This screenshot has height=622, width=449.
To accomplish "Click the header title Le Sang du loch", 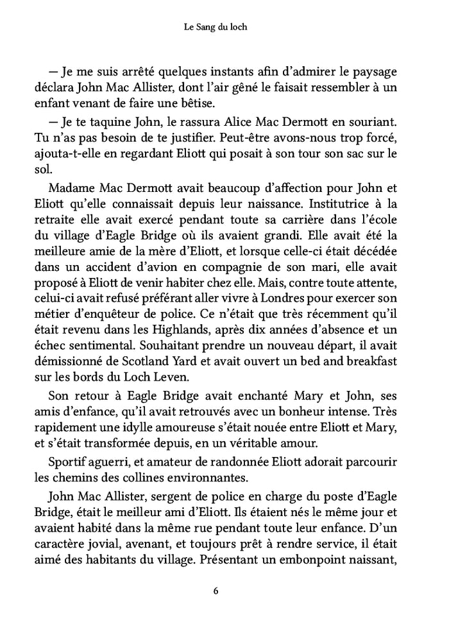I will (x=224, y=28).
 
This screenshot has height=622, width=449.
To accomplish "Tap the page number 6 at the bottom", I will (x=224, y=591).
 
